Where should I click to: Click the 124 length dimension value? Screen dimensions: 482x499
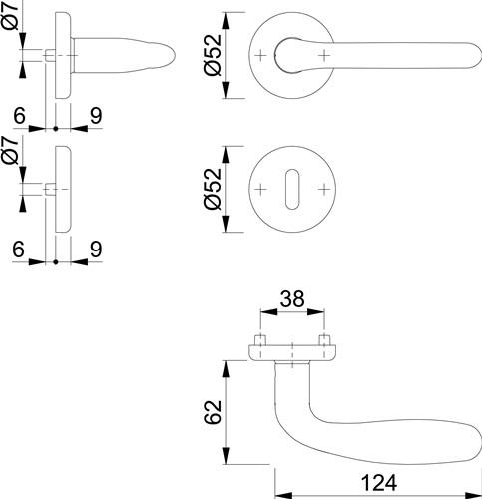(x=379, y=483)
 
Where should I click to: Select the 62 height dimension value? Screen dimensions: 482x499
(x=213, y=412)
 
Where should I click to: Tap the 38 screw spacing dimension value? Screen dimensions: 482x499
(x=292, y=298)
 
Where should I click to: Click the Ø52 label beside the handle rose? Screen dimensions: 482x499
(x=213, y=55)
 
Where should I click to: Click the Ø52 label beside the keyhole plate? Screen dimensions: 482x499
(x=213, y=189)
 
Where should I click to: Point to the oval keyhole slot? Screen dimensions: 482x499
(x=292, y=189)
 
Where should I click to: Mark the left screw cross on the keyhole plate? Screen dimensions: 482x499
(x=261, y=189)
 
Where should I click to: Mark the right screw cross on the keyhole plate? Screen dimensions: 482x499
(x=323, y=189)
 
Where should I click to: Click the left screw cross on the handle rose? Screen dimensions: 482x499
(x=261, y=55)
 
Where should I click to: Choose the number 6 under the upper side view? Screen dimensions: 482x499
(x=20, y=116)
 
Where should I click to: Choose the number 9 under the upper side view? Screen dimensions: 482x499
(x=96, y=116)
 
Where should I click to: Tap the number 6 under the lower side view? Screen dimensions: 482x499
(x=19, y=249)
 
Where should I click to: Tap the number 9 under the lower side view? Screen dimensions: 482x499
(x=96, y=249)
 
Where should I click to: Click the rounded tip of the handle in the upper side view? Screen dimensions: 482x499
(x=173, y=56)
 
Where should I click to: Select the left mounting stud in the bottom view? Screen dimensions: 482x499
(x=260, y=340)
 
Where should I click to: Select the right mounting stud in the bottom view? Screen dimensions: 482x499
(x=324, y=340)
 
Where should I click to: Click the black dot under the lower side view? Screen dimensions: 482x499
(x=56, y=262)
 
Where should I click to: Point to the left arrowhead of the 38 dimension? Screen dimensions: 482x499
(x=268, y=312)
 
